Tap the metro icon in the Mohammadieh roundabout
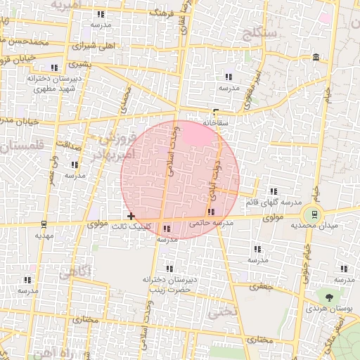[x=314, y=214]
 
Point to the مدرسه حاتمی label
[x=211, y=222]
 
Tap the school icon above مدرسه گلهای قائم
[x=273, y=191]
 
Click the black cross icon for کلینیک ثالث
[x=131, y=216]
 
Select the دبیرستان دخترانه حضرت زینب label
[x=167, y=284]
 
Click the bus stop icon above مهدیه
[x=44, y=224]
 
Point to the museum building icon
[x=314, y=56]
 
